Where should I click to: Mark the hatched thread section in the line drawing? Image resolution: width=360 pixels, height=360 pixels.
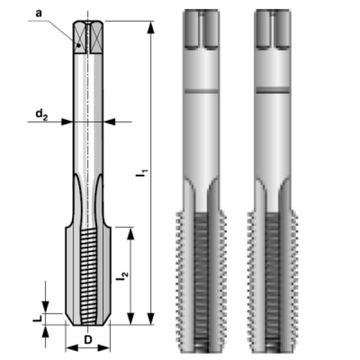point(87,270)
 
